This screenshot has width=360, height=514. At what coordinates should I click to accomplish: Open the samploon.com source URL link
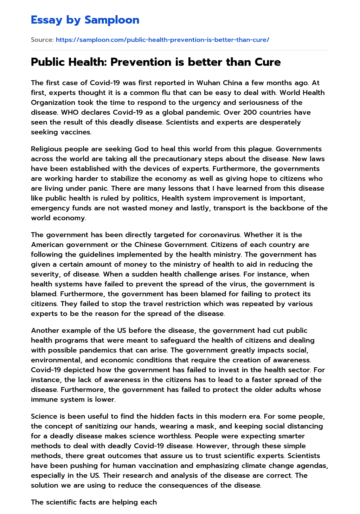click(162, 40)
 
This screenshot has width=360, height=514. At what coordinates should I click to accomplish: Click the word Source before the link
click(42, 40)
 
